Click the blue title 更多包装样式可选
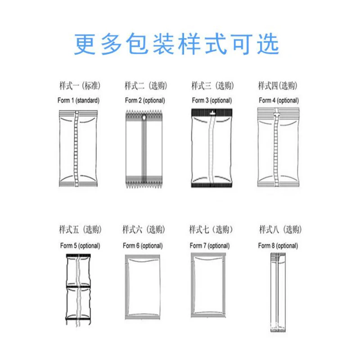tap(177, 44)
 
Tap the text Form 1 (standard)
tap(78, 100)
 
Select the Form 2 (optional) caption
tap(145, 100)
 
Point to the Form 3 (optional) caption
tap(211, 100)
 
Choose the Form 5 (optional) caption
tap(80, 246)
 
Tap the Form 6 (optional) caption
tap(143, 246)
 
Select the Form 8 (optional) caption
tap(278, 246)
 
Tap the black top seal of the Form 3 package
tap(212, 112)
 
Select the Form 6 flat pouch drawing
tap(143, 287)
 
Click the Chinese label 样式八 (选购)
tap(279, 230)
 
